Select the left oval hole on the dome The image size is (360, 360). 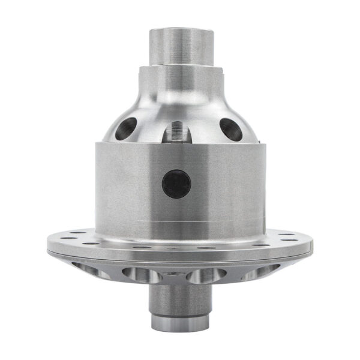click(x=127, y=128)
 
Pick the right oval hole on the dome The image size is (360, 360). click(x=230, y=128)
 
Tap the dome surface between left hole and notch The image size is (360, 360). click(x=150, y=120)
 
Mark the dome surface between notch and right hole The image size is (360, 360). click(x=204, y=120)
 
